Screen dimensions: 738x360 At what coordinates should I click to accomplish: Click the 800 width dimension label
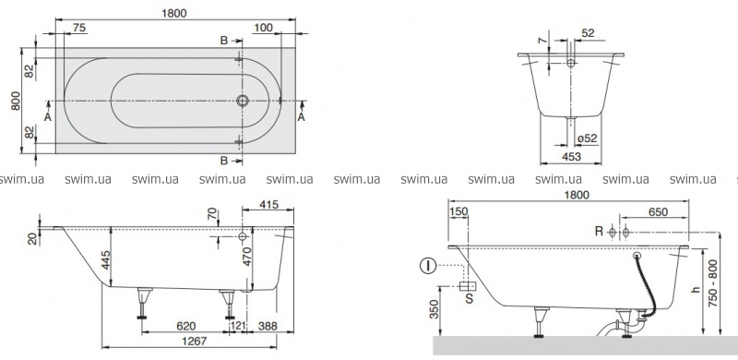tap(16, 101)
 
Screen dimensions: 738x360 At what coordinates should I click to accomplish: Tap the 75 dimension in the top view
tap(79, 28)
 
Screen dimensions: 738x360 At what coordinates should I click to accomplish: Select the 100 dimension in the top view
tap(263, 28)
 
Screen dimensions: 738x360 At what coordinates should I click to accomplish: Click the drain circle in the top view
tap(243, 100)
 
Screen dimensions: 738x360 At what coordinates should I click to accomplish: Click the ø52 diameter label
tap(587, 138)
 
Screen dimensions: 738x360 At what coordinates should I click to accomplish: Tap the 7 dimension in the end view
tap(544, 42)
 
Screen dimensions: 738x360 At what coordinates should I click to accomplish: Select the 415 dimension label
tap(268, 204)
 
